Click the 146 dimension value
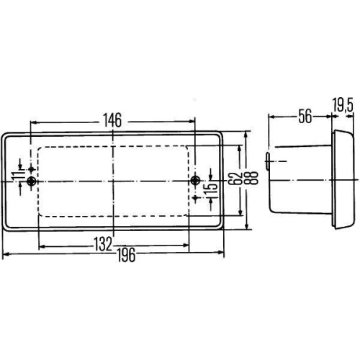click(112, 119)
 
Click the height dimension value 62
click(233, 179)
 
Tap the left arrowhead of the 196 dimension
click(5, 254)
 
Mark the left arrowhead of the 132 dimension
click(40, 245)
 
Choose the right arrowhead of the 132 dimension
click(187, 245)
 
